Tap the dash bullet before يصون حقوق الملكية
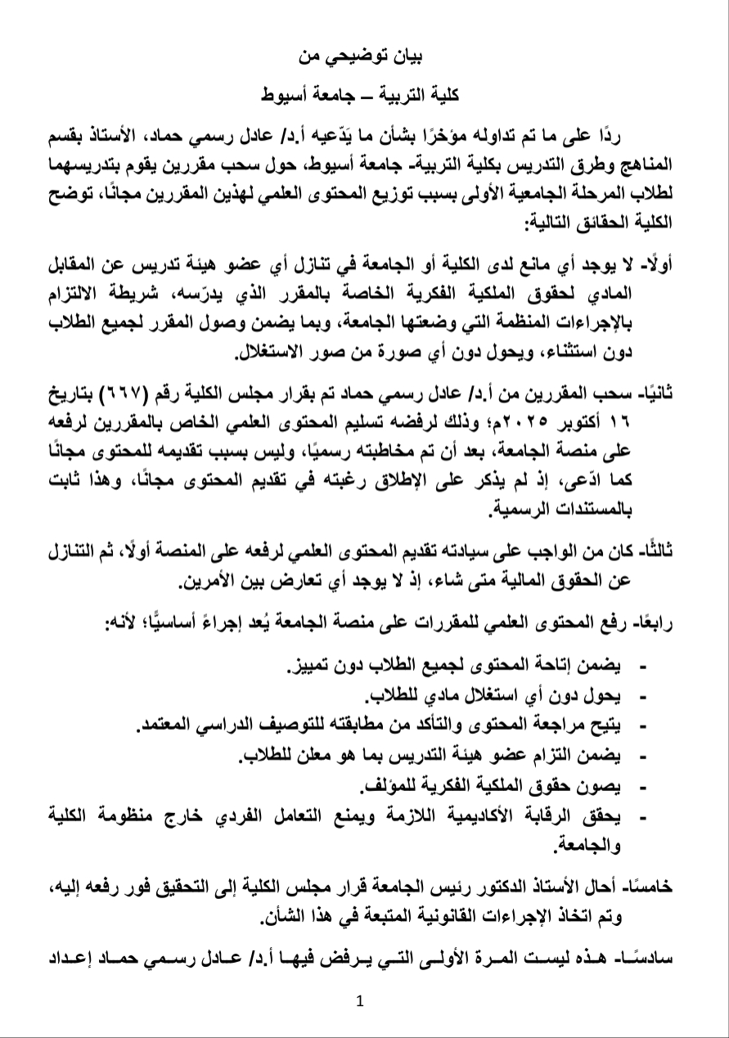[641, 787]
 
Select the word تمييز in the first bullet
[312, 670]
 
